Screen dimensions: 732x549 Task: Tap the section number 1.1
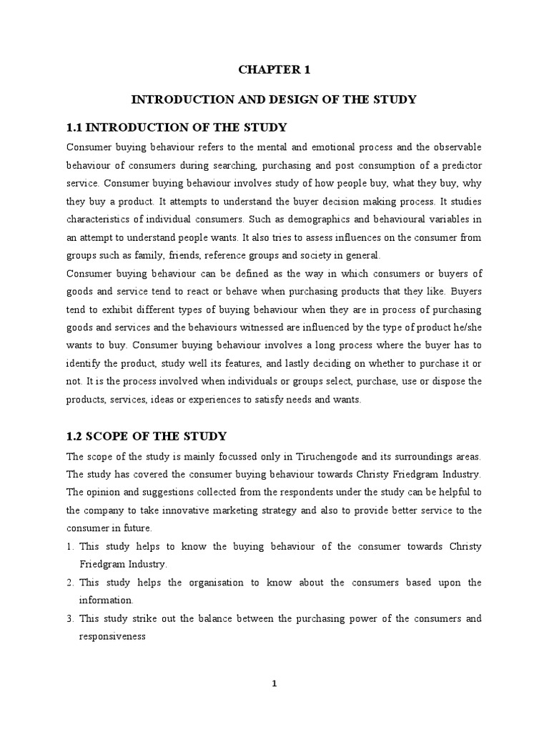coord(75,127)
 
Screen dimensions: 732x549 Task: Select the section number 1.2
coord(75,435)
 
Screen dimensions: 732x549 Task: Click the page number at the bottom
coord(274,683)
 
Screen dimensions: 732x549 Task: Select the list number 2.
coord(69,583)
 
